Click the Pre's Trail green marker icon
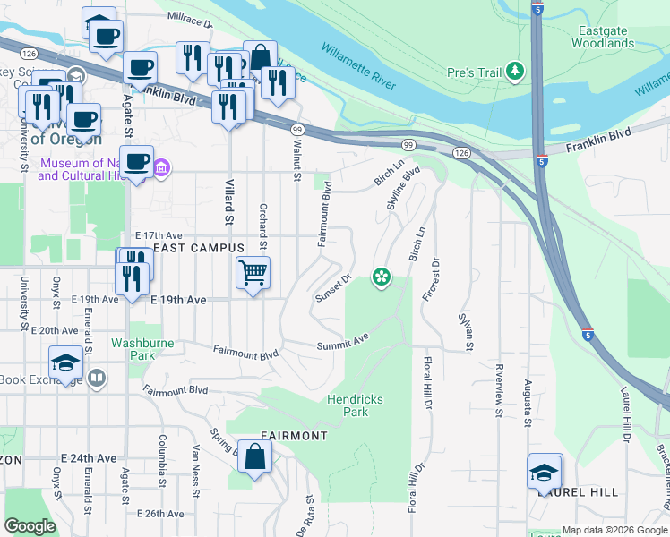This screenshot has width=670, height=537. pyautogui.click(x=515, y=70)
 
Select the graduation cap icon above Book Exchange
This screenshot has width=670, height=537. pyautogui.click(x=65, y=362)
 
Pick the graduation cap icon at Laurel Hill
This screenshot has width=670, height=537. pyautogui.click(x=544, y=472)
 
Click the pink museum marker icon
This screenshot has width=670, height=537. pyautogui.click(x=161, y=167)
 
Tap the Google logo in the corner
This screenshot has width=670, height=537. pyautogui.click(x=30, y=526)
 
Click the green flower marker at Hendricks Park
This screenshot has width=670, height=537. pyautogui.click(x=382, y=277)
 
